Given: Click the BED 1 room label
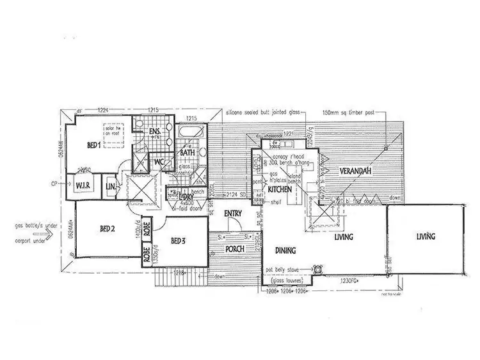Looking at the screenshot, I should coord(94,146).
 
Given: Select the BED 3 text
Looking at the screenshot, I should coord(179,241).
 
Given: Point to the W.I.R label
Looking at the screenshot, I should coord(86,185).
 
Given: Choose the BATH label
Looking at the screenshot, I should coord(188,153).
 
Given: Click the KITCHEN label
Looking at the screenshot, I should coord(280,190).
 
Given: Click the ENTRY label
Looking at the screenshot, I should coord(231,214).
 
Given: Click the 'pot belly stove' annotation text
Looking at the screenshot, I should coord(286,270).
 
